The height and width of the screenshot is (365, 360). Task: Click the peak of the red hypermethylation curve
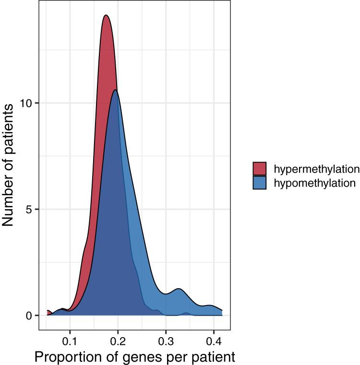(106, 15)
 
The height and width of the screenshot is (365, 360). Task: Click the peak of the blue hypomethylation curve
(115, 90)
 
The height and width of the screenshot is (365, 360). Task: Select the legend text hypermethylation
(316, 169)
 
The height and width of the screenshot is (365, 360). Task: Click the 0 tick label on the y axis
(29, 316)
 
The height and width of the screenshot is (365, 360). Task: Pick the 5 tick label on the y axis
(29, 210)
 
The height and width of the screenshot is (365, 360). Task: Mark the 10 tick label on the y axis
(27, 104)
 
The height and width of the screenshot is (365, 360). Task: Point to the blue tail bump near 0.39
(210, 306)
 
